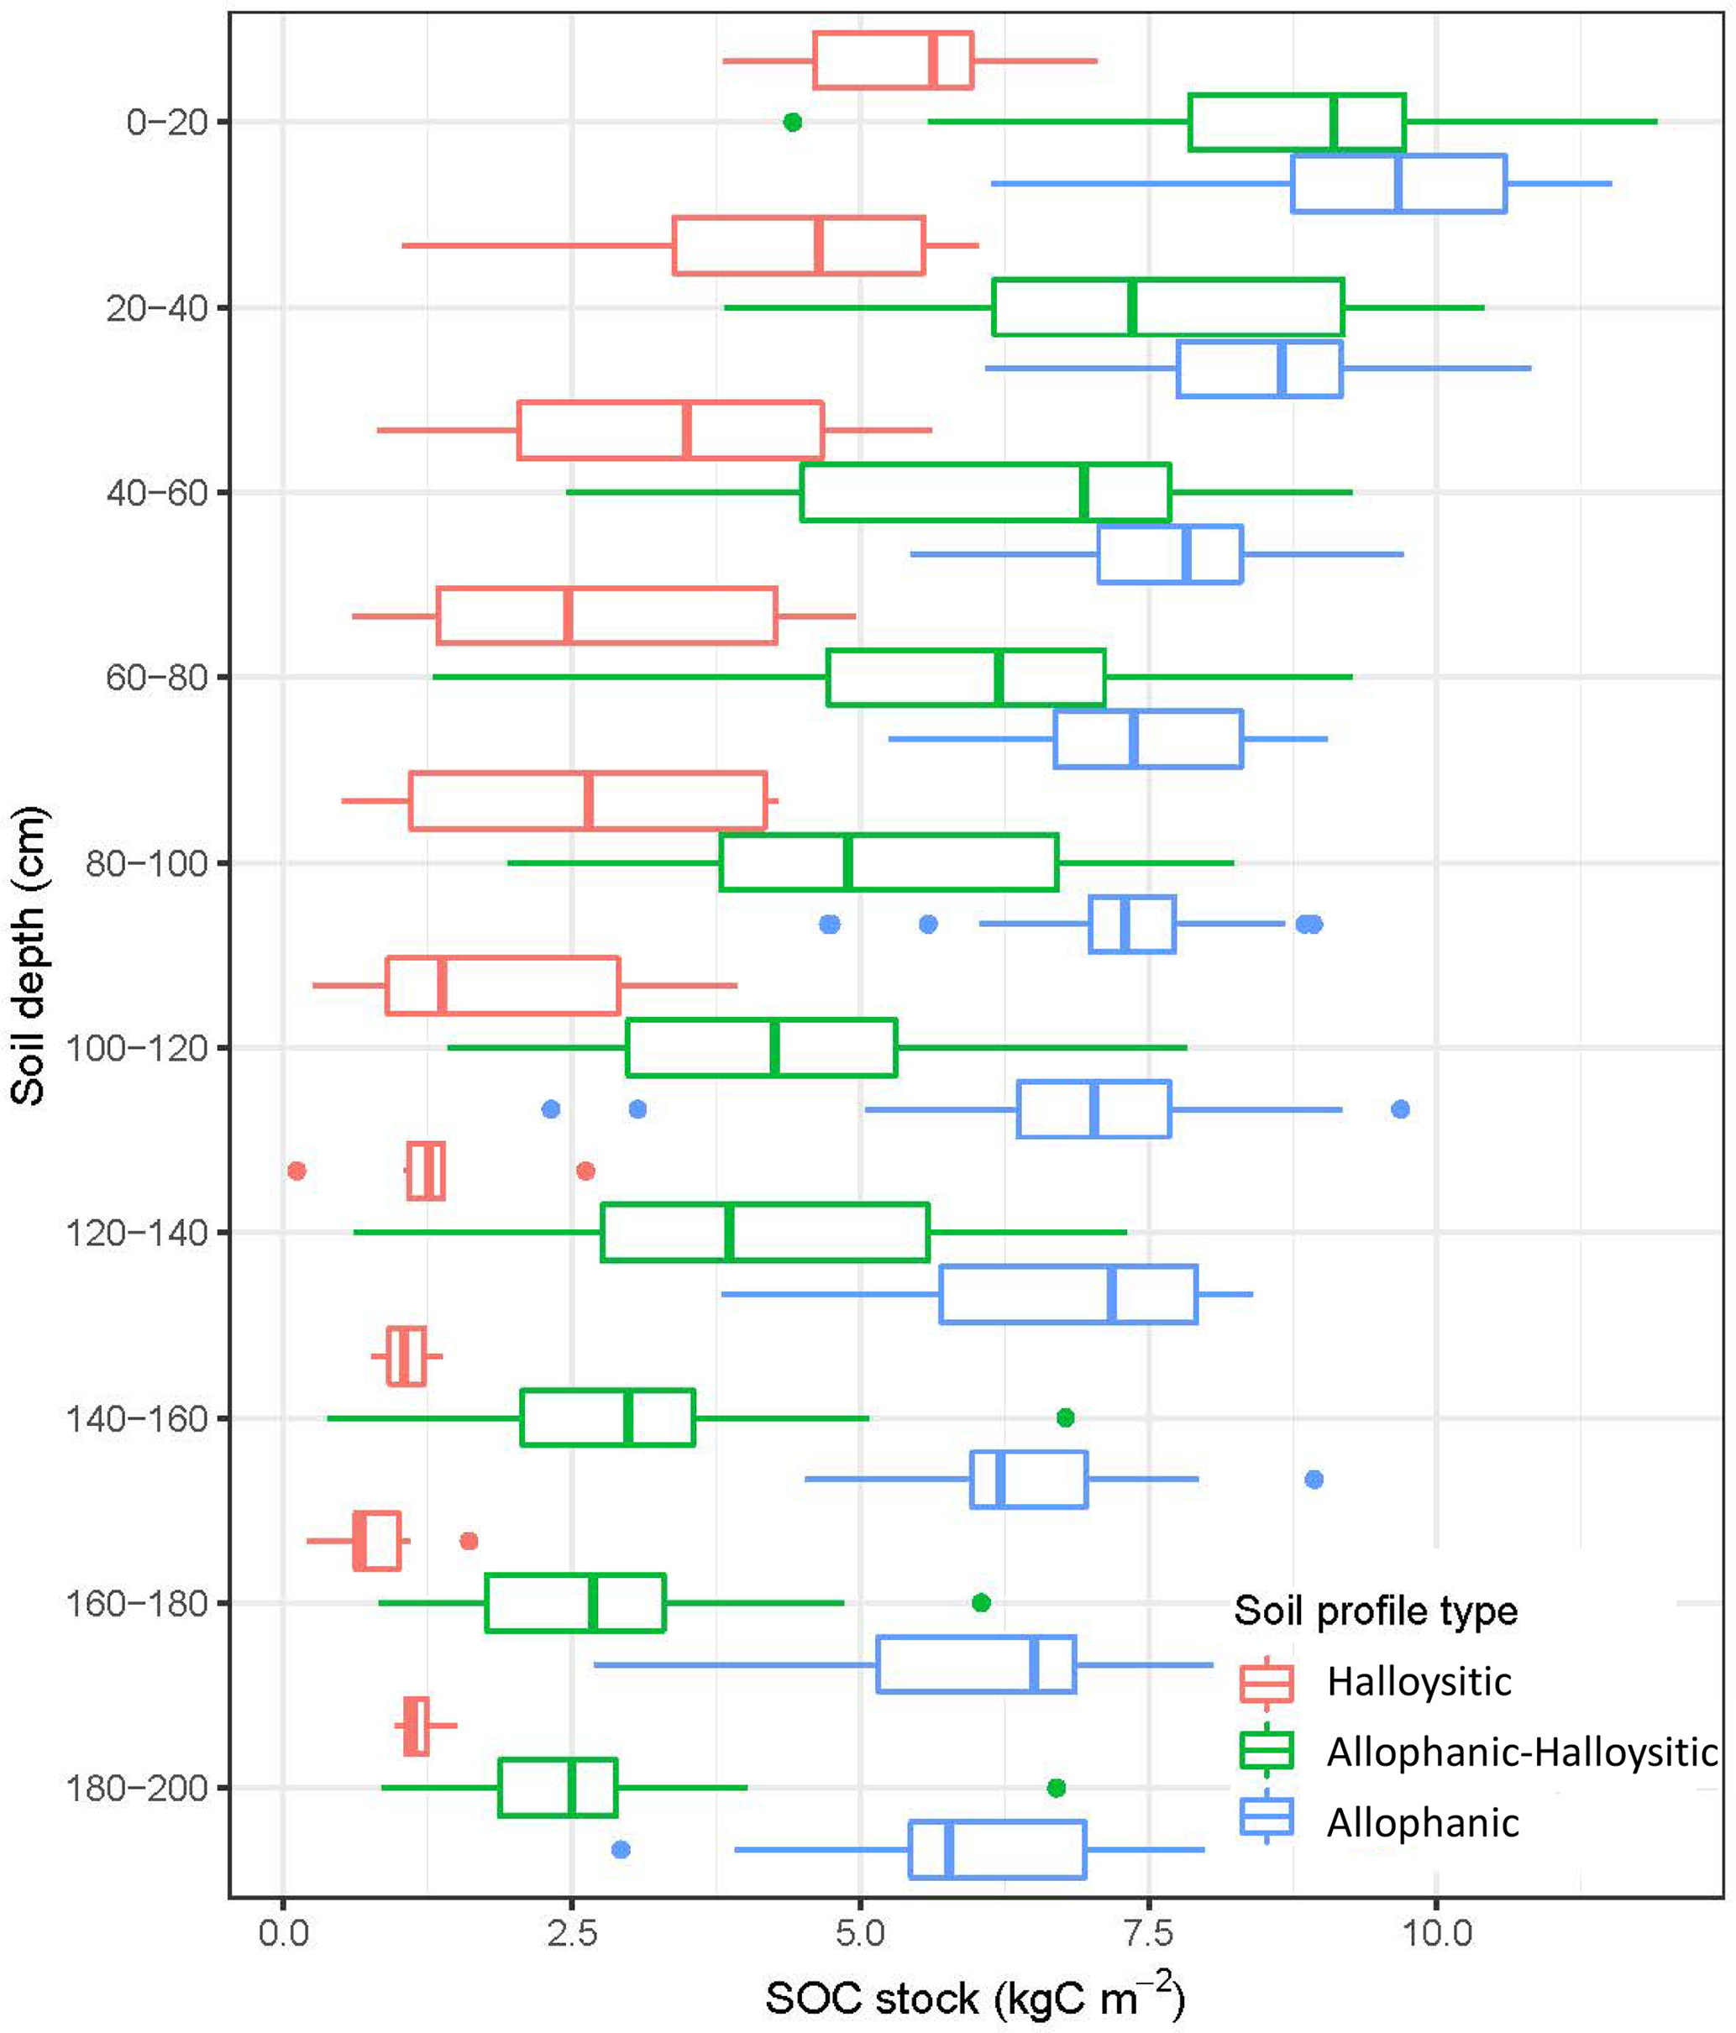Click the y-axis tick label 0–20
pos(167,123)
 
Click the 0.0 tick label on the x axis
pos(283,1933)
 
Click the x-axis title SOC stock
pos(974,1997)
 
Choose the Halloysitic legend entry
pos(1418,1682)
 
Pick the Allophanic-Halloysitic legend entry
pos(1521,1753)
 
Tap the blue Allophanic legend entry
pos(1422,1823)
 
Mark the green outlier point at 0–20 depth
pos(793,123)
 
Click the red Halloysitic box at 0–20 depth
pos(893,60)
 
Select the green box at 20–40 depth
pos(1167,307)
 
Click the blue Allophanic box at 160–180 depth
pos(977,1665)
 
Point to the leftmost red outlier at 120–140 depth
pos(296,1171)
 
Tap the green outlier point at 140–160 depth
pos(1066,1417)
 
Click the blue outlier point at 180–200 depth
pos(620,1850)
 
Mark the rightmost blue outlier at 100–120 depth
pos(1400,1108)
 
